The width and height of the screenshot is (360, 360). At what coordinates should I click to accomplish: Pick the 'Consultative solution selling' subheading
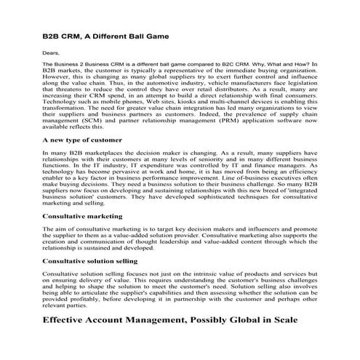point(89,260)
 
